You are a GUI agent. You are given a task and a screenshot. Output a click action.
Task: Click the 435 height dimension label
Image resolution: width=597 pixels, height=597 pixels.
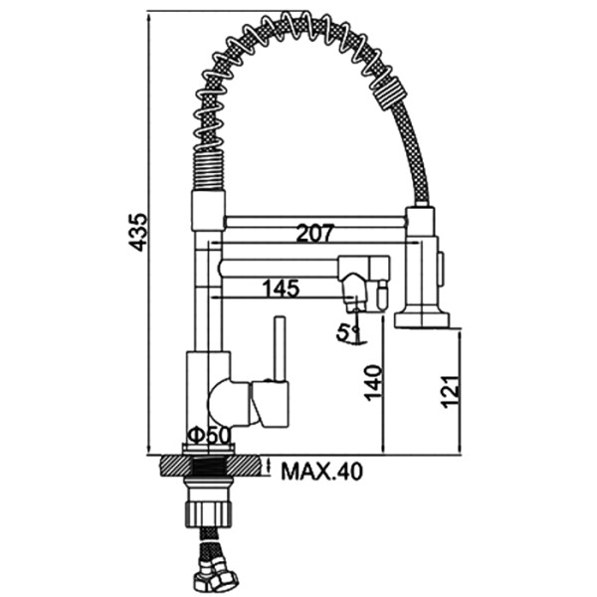pyautogui.click(x=137, y=232)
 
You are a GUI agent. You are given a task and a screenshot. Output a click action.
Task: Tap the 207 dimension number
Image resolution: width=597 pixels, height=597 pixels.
pyautogui.click(x=315, y=234)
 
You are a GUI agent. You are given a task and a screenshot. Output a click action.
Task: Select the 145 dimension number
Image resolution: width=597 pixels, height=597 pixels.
pyautogui.click(x=282, y=289)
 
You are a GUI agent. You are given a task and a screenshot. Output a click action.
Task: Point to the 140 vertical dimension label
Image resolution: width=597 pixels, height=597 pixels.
pyautogui.click(x=373, y=383)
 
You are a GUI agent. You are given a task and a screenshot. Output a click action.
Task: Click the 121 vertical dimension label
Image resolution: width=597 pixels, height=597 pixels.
pyautogui.click(x=451, y=391)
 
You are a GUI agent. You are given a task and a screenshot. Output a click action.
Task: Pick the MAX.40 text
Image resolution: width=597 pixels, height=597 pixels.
pyautogui.click(x=322, y=472)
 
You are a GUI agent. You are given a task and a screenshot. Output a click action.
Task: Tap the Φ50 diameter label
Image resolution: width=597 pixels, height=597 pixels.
pyautogui.click(x=209, y=436)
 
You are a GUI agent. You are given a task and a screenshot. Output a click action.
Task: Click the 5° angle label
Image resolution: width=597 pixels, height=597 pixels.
pyautogui.click(x=347, y=332)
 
